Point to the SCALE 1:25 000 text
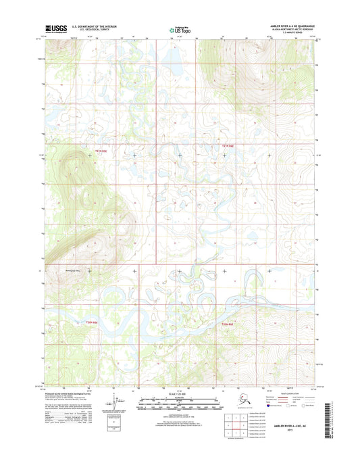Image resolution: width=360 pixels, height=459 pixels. tap(179, 395)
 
